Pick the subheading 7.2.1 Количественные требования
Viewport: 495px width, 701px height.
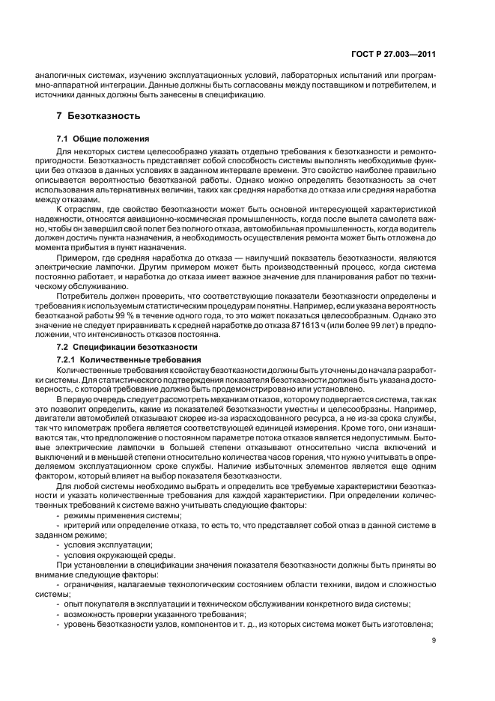click(x=126, y=359)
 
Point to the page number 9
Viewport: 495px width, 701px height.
click(x=434, y=640)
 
